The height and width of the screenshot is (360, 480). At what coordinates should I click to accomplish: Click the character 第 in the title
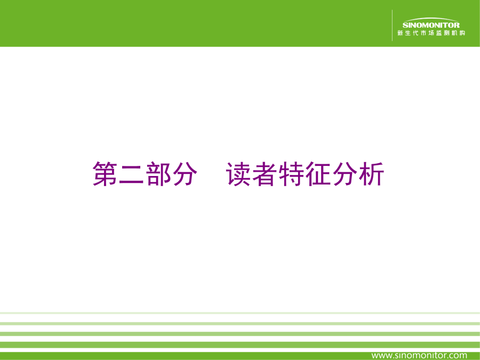[x=105, y=174]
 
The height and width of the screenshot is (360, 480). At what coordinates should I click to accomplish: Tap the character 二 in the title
[x=132, y=174]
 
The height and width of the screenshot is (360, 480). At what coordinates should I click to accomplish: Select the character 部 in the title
[x=158, y=174]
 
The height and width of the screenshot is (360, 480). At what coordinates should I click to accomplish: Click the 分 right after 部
[x=185, y=174]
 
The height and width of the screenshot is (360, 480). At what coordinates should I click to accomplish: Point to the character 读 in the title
[x=238, y=174]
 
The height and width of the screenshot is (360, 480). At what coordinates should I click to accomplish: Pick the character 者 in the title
[x=265, y=174]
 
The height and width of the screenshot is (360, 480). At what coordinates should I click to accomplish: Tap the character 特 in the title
[x=291, y=174]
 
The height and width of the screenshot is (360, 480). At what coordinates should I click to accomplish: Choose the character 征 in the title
[x=318, y=174]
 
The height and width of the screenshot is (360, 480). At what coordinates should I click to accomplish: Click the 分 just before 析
[x=345, y=174]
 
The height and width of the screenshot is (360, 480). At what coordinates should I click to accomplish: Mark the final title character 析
[x=371, y=174]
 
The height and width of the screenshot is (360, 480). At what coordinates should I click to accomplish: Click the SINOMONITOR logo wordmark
[x=431, y=25]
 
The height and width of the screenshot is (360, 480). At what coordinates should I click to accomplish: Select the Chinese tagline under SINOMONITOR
[x=431, y=33]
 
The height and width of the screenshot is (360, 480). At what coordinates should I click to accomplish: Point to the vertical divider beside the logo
[x=392, y=26]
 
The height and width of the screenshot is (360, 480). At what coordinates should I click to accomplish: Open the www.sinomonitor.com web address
[x=419, y=355]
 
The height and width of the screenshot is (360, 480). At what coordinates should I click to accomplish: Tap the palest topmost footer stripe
[x=240, y=313]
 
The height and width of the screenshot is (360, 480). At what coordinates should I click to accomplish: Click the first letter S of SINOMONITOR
[x=405, y=25]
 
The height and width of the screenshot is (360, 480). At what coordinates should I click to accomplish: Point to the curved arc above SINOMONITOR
[x=431, y=19]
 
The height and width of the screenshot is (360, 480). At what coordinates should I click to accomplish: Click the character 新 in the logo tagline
[x=400, y=33]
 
